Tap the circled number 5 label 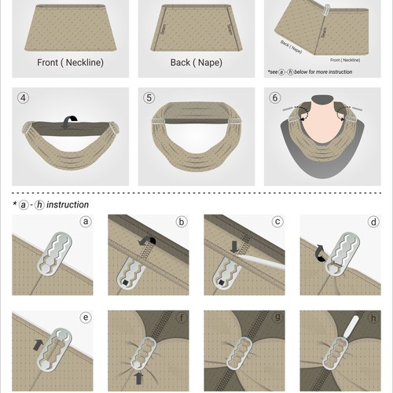[149, 99]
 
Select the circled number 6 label [276, 99]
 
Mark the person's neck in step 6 [322, 118]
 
